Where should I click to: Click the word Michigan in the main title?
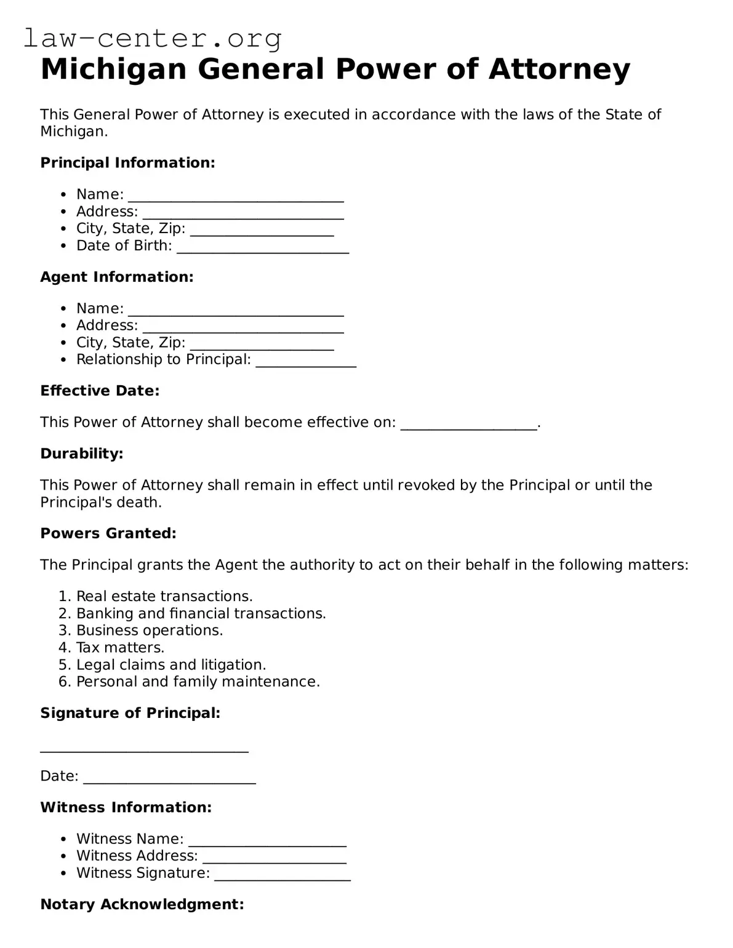coord(113,69)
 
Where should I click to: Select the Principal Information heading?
coord(127,162)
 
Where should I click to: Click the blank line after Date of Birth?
coord(262,248)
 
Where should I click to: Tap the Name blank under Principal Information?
coord(236,197)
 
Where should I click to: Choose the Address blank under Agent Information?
coord(243,328)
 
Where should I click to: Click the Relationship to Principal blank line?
coord(306,362)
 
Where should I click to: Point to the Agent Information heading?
coord(117,277)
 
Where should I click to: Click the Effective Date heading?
coord(100,391)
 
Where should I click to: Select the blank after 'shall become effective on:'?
coord(469,425)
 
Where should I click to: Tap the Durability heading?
coord(82,453)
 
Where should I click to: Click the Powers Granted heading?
coord(108,533)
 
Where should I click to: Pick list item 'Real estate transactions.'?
coord(164,596)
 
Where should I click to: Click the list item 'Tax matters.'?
coord(120,647)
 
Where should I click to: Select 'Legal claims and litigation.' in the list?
coord(171,664)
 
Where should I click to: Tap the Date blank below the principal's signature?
coord(169,779)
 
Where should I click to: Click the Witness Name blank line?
coord(267,842)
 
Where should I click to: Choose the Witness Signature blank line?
coord(282,876)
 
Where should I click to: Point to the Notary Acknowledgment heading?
coord(142,904)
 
